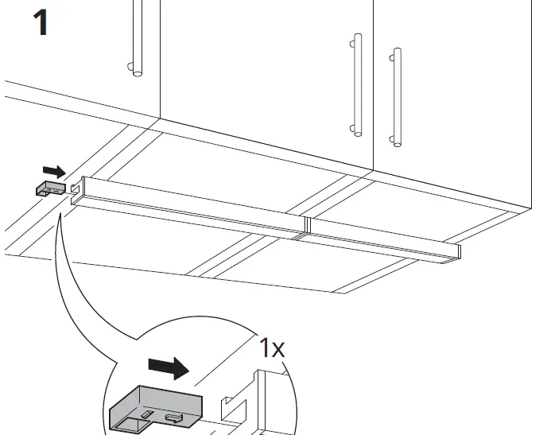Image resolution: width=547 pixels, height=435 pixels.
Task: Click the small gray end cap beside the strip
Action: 50,188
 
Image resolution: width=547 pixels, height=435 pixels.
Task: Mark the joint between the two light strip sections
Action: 305,230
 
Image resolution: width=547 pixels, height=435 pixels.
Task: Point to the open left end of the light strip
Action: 76,190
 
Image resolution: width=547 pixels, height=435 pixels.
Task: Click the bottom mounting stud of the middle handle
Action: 351,127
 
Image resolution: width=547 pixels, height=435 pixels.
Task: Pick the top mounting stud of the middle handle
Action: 351,38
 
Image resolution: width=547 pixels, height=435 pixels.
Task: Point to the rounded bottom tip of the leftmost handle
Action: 138,73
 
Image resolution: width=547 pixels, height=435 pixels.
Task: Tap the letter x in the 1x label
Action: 277,350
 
